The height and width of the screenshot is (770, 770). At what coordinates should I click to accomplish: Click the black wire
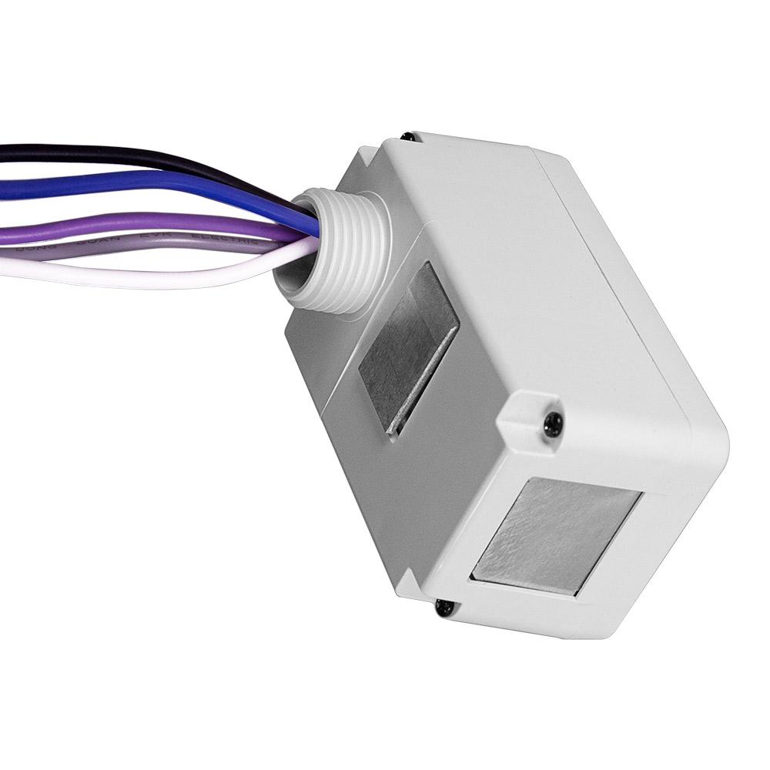tap(115, 154)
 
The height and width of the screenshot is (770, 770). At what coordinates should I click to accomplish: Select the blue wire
tap(115, 187)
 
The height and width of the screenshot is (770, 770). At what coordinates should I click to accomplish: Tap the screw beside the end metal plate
tap(552, 422)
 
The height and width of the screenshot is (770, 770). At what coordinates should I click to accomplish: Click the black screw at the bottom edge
tap(444, 608)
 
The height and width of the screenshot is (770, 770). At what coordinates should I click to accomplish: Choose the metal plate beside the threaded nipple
tap(408, 346)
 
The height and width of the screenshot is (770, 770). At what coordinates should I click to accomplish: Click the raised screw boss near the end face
tap(531, 416)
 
